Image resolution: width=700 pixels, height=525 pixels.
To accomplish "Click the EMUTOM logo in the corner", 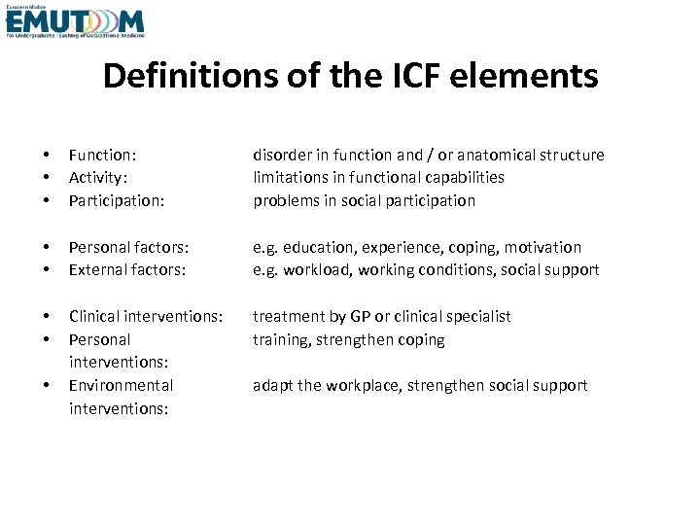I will pos(75,20).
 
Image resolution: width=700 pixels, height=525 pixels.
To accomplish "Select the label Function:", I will pos(102,155).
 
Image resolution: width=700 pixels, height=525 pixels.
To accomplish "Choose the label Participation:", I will pos(117,200).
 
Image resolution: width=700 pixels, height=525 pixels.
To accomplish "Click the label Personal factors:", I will pos(128,247).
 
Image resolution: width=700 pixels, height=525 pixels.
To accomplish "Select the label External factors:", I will pos(126,269).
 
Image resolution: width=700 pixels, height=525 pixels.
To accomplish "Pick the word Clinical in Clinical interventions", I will pos(94,316).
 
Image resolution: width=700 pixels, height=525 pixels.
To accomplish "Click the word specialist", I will pos(476,316).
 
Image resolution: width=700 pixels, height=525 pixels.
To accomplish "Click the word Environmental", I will pos(121,385).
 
